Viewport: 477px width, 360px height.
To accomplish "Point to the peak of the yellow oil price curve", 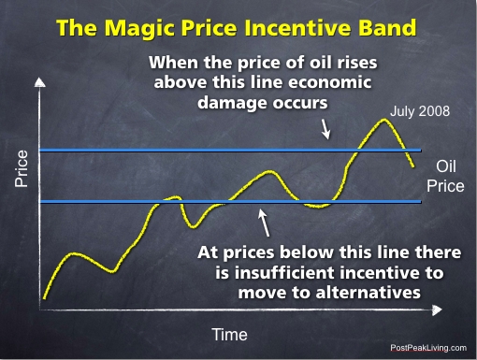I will click(x=384, y=120).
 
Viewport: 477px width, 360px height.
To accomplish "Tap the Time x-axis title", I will click(x=229, y=334).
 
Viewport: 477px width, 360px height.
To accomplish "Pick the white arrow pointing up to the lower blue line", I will click(x=265, y=223).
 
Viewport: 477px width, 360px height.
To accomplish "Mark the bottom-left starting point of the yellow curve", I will click(x=44, y=298).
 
